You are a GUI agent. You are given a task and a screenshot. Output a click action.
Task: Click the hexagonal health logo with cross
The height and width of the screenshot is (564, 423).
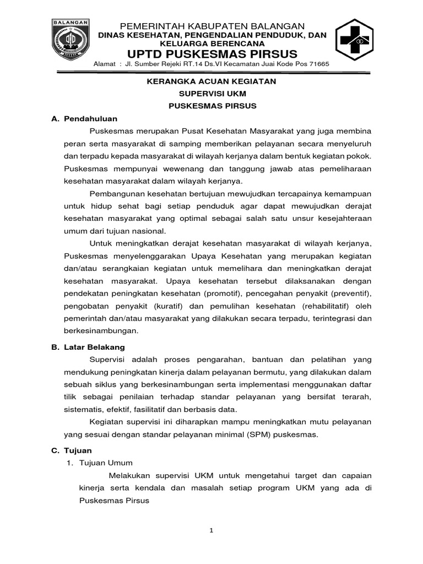(x=357, y=41)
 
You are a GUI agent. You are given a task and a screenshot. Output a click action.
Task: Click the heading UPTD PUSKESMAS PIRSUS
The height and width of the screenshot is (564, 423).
(x=212, y=54)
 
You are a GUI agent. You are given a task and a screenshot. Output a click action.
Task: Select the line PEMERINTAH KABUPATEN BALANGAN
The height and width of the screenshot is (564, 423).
(x=212, y=26)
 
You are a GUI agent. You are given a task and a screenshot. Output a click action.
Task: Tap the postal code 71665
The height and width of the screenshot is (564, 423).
(x=318, y=64)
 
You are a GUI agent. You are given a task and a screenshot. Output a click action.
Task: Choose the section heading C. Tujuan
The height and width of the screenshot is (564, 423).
(x=72, y=450)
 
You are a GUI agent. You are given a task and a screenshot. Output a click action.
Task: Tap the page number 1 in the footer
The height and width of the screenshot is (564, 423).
(x=211, y=530)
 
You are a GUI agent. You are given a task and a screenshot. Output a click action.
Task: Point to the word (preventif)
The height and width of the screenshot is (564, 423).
(x=349, y=293)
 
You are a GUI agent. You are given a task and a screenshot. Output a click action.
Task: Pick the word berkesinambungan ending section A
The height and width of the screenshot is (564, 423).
(x=101, y=331)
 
